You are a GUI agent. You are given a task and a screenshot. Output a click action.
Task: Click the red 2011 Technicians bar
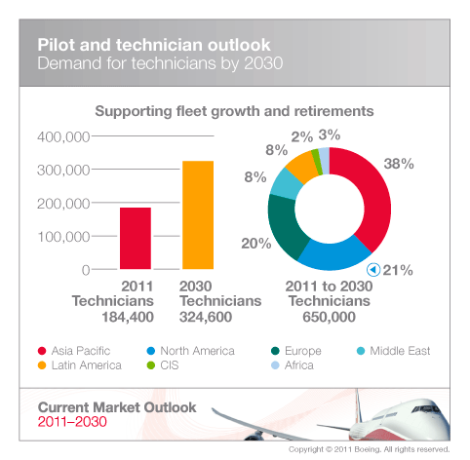[x=136, y=237]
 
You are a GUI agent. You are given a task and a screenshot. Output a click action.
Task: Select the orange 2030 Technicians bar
[x=197, y=214]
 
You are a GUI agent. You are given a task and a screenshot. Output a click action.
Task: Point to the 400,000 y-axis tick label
[x=63, y=135]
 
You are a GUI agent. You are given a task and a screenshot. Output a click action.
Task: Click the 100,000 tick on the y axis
[x=63, y=236]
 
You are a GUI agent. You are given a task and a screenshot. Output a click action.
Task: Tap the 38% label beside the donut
[x=400, y=166]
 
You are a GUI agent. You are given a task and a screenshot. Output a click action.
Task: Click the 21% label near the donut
[x=399, y=269]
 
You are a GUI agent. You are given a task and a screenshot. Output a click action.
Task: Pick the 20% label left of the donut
[x=256, y=243]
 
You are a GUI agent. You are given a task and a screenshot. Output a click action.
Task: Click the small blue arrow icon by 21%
[x=372, y=269]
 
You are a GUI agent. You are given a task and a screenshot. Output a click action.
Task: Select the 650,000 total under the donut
[x=330, y=317]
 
